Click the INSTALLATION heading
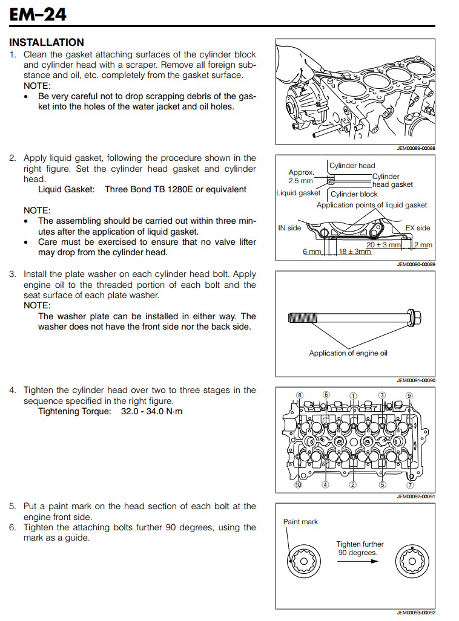pyautogui.click(x=47, y=42)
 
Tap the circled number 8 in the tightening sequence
pyautogui.click(x=299, y=395)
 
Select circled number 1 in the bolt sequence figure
pyautogui.click(x=353, y=395)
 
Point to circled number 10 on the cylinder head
pyautogui.click(x=298, y=484)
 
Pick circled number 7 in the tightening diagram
pyautogui.click(x=410, y=484)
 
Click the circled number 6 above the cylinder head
pyautogui.click(x=326, y=395)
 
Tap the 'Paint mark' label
pyautogui.click(x=300, y=522)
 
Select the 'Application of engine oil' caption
pyautogui.click(x=348, y=353)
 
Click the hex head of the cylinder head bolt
pyautogui.click(x=415, y=316)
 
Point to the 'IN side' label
pyautogui.click(x=289, y=228)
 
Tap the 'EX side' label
pyautogui.click(x=418, y=228)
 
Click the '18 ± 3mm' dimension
pyautogui.click(x=355, y=252)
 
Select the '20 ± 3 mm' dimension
pyautogui.click(x=384, y=245)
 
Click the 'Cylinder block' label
pyautogui.click(x=354, y=194)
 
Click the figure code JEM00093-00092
pyautogui.click(x=416, y=612)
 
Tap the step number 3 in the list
pyautogui.click(x=12, y=274)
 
